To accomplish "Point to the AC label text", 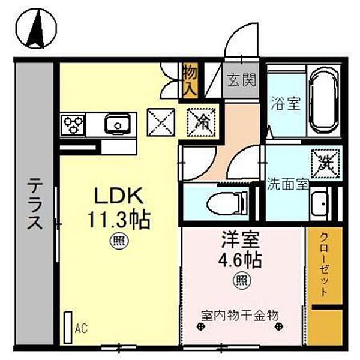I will pyautogui.click(x=81, y=329).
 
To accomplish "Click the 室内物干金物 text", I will pyautogui.click(x=239, y=314).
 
